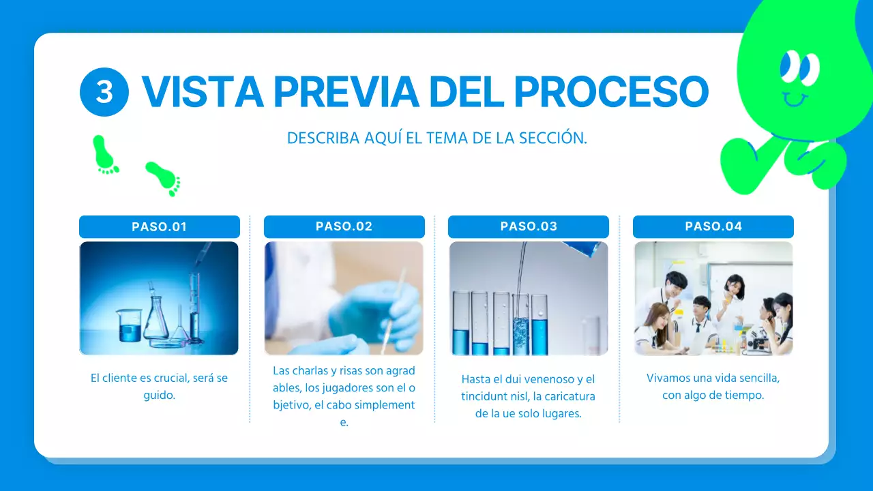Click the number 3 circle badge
click(104, 91)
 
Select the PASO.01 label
click(160, 226)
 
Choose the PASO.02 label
click(344, 226)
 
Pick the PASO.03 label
click(529, 226)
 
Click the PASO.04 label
click(713, 226)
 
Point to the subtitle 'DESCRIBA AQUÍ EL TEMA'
click(436, 138)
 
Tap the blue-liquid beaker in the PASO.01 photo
click(129, 325)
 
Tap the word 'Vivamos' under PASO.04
click(666, 378)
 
